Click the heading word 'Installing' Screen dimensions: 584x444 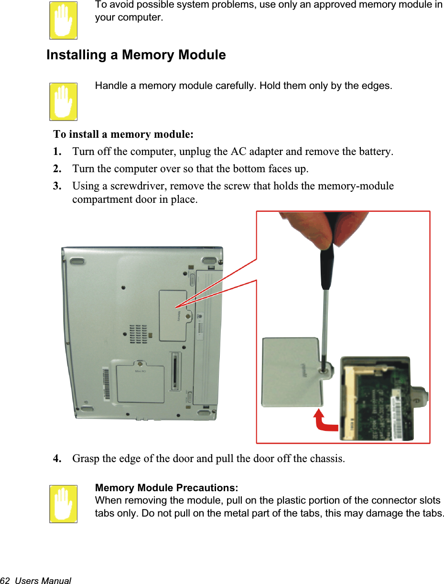click(76, 55)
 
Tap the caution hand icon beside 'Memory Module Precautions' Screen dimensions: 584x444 click(63, 504)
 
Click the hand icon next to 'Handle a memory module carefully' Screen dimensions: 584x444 click(63, 101)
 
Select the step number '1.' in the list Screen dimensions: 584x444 click(57, 152)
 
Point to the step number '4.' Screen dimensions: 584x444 click(57, 459)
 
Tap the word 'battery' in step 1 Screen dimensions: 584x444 click(377, 152)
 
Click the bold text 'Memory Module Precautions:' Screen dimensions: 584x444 click(167, 488)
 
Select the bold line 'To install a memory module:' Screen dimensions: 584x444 click(123, 133)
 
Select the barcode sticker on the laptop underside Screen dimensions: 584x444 click(107, 385)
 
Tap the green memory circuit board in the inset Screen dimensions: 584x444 click(382, 402)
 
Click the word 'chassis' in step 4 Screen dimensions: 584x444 click(325, 459)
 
